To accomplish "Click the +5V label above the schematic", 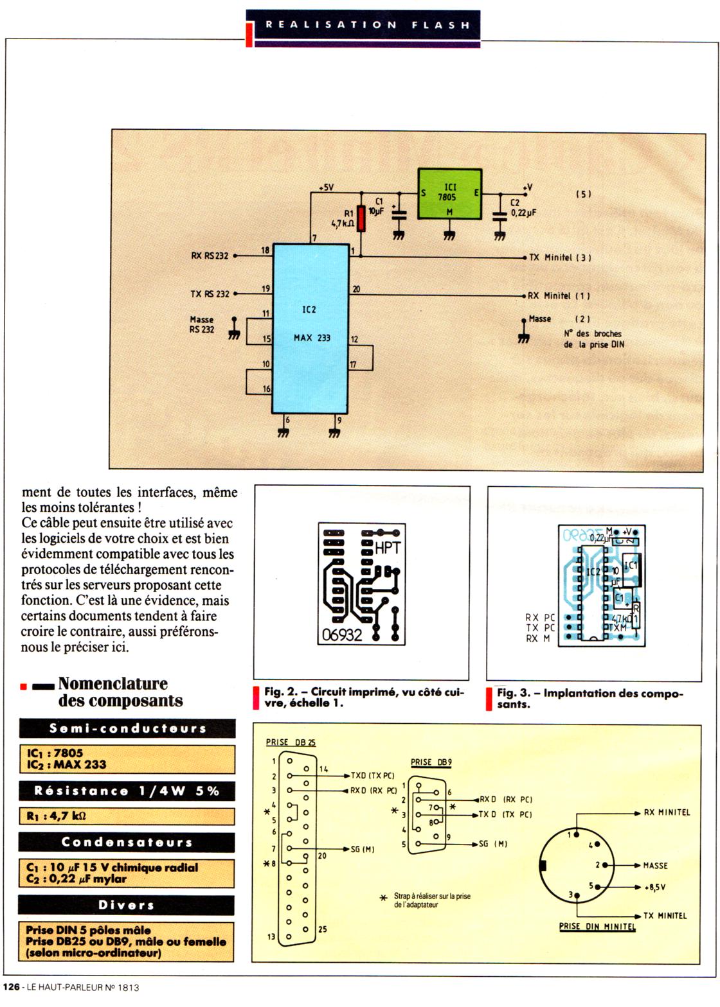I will point(327,188).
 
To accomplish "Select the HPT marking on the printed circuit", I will point(387,548).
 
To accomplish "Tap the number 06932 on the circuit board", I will point(341,635).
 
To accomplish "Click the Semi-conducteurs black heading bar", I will point(127,728).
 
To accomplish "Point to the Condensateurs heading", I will point(127,842).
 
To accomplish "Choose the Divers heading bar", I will point(127,905).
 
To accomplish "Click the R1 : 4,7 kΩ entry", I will point(57,816).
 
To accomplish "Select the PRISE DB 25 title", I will point(291,742).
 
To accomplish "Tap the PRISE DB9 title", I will point(431,762).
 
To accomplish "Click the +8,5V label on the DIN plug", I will point(654,888).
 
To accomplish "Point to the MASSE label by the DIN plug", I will point(655,866).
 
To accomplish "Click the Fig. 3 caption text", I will point(589,699).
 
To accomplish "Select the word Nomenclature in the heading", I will point(113,683).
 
